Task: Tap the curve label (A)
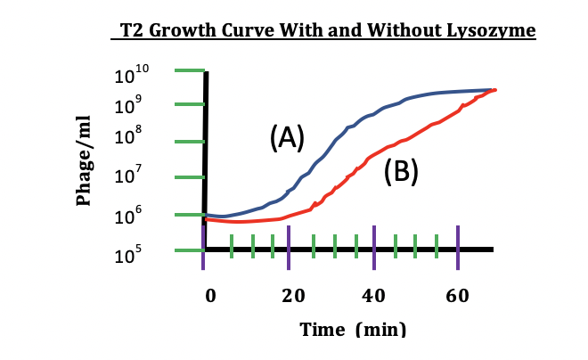click(287, 137)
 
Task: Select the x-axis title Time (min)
click(352, 329)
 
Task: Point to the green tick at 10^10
click(189, 70)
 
